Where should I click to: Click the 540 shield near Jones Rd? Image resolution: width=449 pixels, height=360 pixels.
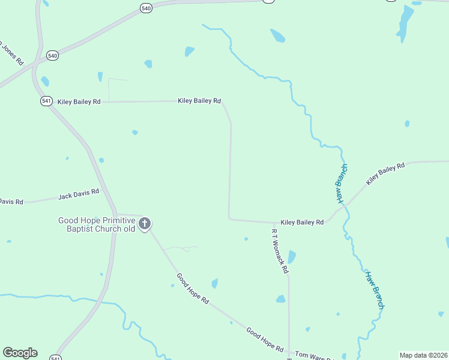tap(52, 56)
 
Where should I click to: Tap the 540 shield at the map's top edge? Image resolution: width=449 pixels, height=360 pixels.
tap(146, 8)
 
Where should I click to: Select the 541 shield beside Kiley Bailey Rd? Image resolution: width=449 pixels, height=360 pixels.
tap(47, 101)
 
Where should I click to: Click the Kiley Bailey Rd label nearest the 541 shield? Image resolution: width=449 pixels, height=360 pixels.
tap(79, 102)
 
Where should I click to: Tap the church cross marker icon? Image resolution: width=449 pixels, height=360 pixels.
tap(144, 224)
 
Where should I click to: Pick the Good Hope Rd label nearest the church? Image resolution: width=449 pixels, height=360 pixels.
tap(192, 289)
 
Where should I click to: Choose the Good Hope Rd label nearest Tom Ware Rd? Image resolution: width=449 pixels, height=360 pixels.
tap(264, 339)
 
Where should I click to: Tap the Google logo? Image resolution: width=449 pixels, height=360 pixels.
tap(20, 353)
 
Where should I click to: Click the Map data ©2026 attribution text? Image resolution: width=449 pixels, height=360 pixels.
tap(423, 355)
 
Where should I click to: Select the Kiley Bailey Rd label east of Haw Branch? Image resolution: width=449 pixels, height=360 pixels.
tap(386, 173)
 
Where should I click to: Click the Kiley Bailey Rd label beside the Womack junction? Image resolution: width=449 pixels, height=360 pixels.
tap(302, 222)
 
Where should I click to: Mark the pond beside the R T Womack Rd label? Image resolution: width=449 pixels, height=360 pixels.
tap(292, 257)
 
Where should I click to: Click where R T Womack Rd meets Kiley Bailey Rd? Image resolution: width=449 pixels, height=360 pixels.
tap(274, 223)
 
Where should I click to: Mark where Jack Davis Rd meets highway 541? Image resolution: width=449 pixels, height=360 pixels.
tap(103, 190)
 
